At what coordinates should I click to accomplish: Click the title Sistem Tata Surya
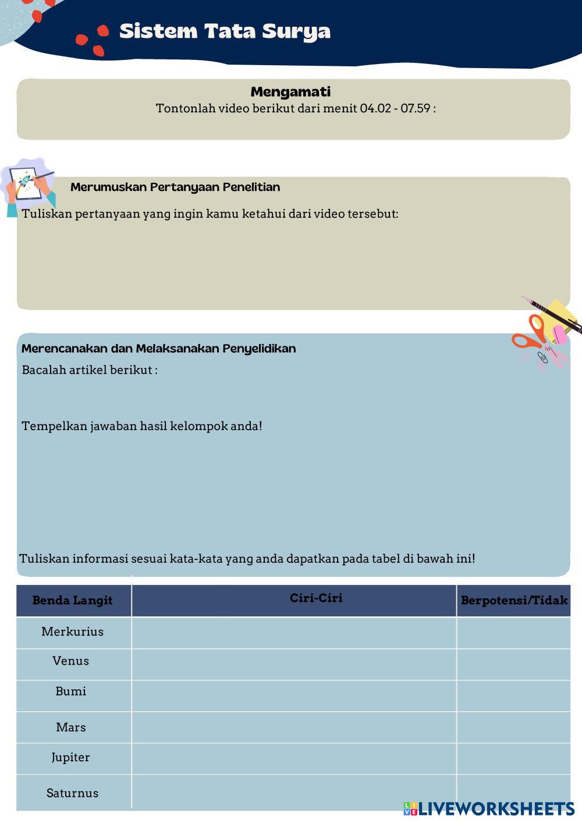click(225, 31)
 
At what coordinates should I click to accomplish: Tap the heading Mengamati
click(290, 91)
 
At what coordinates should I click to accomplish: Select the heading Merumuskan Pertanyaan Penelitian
click(175, 187)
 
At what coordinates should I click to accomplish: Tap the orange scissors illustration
click(530, 334)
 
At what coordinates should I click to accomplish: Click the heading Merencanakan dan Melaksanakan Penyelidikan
click(158, 349)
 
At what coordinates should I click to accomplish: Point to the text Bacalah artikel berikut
click(89, 370)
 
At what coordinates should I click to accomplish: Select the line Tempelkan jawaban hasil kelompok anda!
click(142, 426)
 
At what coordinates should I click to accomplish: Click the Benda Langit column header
click(72, 600)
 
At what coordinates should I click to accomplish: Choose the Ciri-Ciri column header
click(316, 598)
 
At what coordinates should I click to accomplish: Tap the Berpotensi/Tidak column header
click(514, 600)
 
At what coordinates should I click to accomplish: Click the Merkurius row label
click(72, 632)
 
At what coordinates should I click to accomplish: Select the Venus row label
click(70, 661)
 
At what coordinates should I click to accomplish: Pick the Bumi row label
click(70, 691)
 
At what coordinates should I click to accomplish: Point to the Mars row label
click(70, 727)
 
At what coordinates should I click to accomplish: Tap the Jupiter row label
click(70, 757)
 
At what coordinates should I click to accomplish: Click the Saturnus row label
click(72, 793)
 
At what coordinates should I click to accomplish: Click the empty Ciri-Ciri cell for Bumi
click(294, 696)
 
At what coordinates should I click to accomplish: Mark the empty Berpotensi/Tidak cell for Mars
click(513, 727)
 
